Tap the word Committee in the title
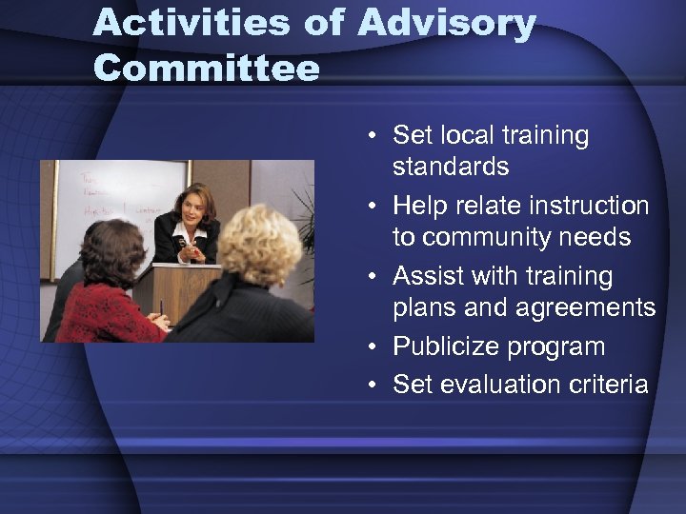coord(207,68)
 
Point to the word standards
coord(451,167)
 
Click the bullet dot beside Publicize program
coord(378,347)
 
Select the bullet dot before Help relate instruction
coord(378,207)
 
